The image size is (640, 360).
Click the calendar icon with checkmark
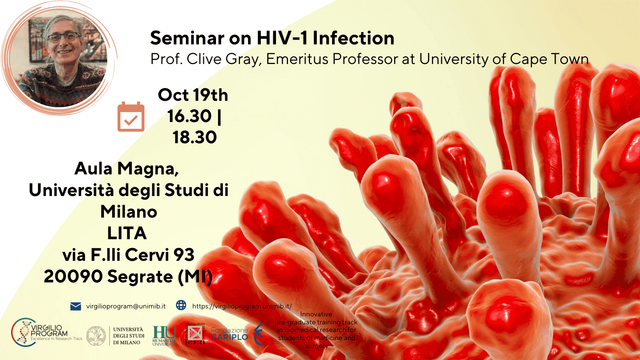click(131, 117)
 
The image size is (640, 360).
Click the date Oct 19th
click(193, 95)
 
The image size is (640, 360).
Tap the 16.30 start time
click(189, 116)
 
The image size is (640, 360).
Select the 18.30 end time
click(194, 138)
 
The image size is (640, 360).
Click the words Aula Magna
click(126, 169)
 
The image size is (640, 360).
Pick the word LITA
click(127, 234)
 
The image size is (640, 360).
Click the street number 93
click(184, 255)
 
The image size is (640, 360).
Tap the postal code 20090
click(73, 277)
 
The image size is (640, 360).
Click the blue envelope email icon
click(76, 306)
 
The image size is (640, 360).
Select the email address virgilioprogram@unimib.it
click(126, 306)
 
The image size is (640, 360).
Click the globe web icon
click(181, 306)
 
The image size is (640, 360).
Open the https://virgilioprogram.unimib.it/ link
click(242, 306)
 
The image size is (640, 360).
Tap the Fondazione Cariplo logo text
click(230, 334)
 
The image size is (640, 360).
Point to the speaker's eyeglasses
click(64, 38)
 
